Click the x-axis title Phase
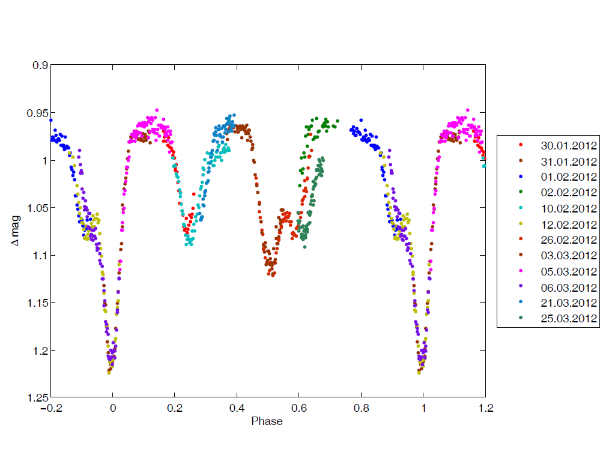coord(267,421)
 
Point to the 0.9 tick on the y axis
coord(40,65)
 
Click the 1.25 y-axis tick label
coord(37,397)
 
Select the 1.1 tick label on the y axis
coord(40,256)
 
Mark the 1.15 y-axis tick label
coord(37,303)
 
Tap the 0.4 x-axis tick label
coord(237,409)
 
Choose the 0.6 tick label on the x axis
coord(298,409)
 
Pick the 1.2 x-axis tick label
coord(485,409)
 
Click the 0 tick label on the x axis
coord(113,409)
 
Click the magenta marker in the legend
coord(521,271)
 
